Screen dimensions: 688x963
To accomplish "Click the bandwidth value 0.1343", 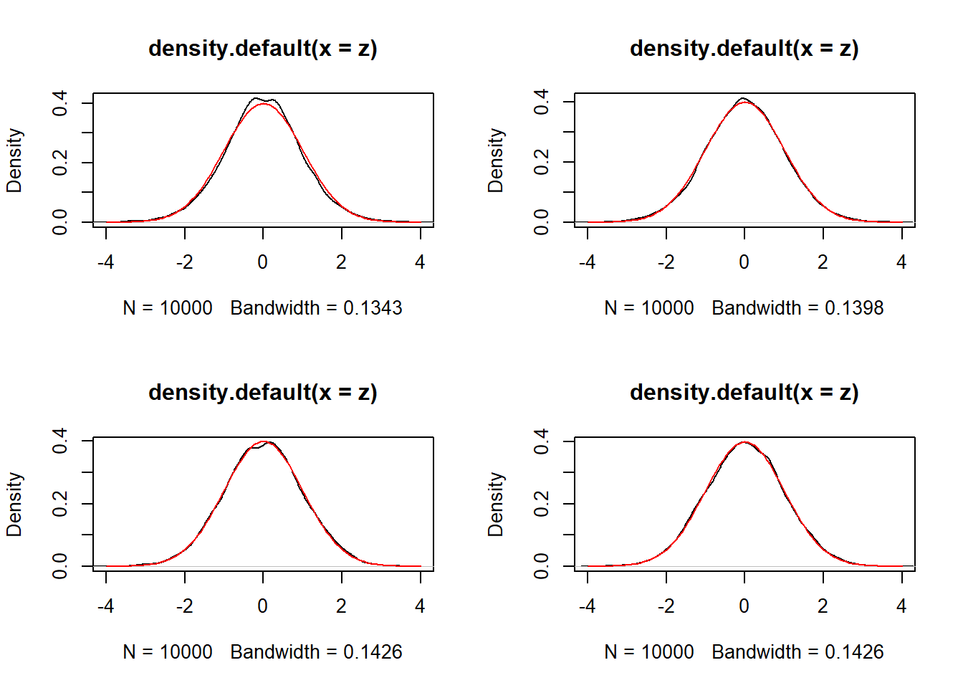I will click(373, 308).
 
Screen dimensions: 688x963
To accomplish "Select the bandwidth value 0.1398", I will click(854, 308).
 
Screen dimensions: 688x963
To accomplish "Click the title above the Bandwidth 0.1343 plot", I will click(262, 49).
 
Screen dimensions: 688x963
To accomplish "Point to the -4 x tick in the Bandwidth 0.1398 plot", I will click(588, 262).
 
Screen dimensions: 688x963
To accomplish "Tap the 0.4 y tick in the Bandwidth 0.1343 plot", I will click(60, 103).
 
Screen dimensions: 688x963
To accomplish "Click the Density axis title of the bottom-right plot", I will click(496, 505).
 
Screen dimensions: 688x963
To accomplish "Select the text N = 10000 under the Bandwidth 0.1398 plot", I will click(649, 308).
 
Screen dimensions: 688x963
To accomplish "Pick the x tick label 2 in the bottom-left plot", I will click(341, 606).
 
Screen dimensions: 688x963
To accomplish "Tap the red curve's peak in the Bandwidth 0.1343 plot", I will click(264, 104).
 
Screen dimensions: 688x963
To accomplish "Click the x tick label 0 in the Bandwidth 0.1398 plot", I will click(744, 262).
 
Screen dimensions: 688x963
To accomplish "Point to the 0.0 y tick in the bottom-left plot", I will click(60, 566).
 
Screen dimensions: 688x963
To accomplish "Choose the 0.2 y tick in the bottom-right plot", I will click(542, 504).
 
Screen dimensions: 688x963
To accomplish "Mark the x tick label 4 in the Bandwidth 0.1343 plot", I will click(420, 262).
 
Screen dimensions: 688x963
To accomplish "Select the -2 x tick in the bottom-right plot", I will click(666, 606).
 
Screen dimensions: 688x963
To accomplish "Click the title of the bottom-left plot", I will click(262, 393).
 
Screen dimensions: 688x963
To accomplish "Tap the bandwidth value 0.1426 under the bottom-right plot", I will click(854, 652).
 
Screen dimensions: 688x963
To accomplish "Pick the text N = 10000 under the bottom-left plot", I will click(168, 652).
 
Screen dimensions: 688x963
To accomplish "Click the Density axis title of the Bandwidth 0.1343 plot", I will click(14, 161).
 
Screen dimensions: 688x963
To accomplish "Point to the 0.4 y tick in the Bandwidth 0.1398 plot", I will click(542, 102).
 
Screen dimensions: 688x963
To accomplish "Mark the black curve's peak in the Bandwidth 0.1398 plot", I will click(743, 98).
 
